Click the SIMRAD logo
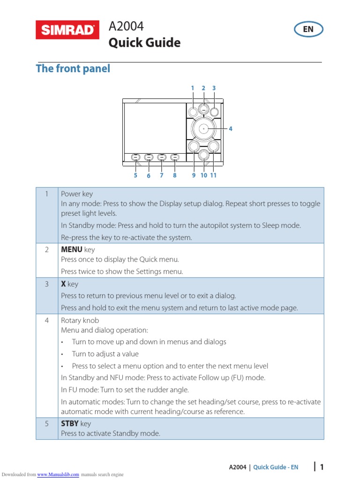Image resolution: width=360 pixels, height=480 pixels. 67,30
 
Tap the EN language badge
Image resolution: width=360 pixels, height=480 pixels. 308,30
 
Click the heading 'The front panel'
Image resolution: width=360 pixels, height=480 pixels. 73,68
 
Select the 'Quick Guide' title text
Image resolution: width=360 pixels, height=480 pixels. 144,43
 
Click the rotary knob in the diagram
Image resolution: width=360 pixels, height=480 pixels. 203,128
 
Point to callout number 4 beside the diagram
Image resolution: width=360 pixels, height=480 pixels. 230,128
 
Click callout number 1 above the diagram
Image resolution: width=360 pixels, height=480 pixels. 192,88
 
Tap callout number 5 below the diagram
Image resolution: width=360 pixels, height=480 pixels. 135,175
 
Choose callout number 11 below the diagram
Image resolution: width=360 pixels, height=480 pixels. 213,175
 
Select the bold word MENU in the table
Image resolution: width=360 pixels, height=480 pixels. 72,250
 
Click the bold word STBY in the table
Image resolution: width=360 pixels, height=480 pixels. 70,424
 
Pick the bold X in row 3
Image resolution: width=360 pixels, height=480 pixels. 63,284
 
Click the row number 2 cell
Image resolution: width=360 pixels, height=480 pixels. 47,250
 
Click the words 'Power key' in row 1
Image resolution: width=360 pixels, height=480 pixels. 77,194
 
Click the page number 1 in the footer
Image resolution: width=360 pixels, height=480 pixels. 322,467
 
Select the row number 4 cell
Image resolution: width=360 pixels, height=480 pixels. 47,321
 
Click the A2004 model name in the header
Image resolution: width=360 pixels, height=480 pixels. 126,27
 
